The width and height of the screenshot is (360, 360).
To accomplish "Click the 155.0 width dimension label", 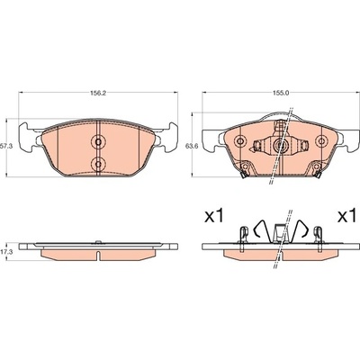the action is click(281, 93).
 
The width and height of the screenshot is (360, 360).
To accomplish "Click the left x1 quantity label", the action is click(214, 216).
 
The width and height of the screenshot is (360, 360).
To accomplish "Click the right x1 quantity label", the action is click(346, 216).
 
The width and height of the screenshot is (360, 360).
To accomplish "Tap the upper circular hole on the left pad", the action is click(98, 141).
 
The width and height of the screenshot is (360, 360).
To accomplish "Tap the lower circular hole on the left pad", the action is click(98, 164).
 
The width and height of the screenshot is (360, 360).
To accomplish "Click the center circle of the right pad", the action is click(281, 145).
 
